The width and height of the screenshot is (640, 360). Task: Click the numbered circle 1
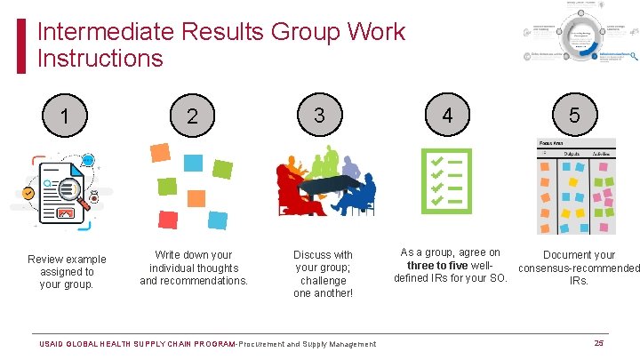(66, 116)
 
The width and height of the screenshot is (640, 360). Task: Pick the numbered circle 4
(447, 115)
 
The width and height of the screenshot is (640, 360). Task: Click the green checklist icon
(446, 181)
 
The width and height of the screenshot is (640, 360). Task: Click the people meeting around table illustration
(325, 181)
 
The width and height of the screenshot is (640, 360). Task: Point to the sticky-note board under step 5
(575, 189)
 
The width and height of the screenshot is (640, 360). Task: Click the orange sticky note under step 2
(160, 152)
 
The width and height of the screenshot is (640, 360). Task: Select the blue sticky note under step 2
(193, 163)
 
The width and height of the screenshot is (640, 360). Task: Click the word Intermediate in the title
(105, 33)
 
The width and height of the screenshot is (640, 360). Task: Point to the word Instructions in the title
(100, 60)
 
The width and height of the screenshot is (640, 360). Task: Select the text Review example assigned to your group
(67, 272)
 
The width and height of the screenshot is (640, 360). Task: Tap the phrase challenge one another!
(324, 287)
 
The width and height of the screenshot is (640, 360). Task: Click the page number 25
(598, 343)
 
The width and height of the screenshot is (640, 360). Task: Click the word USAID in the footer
(57, 344)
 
